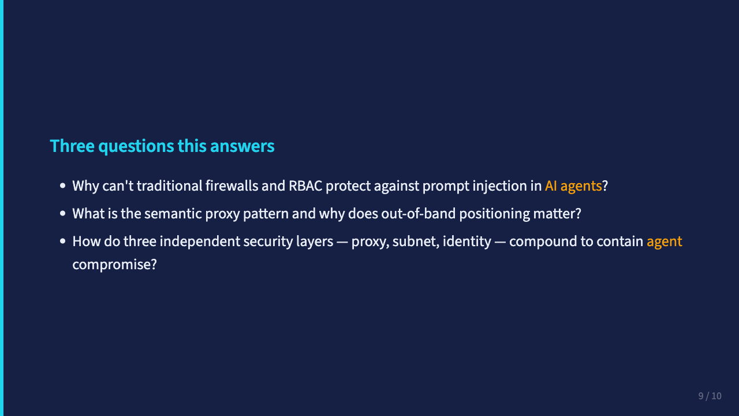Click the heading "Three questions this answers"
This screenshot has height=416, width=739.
click(162, 146)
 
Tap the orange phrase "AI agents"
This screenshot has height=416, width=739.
click(573, 186)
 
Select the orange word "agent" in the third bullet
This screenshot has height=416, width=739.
click(664, 242)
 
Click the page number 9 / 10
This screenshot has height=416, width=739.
click(710, 396)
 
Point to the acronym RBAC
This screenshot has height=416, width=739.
click(305, 186)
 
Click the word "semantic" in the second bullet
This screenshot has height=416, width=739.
click(173, 214)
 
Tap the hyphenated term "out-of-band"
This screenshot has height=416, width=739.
click(419, 214)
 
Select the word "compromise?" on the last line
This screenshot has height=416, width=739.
click(114, 265)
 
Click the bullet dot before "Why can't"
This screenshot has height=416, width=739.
click(63, 186)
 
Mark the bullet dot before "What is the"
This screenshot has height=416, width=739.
click(63, 214)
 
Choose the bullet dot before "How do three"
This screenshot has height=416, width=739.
click(63, 242)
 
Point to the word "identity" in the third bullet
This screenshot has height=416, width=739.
click(467, 242)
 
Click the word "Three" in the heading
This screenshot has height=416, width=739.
click(72, 146)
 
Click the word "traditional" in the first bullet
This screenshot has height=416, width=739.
click(170, 186)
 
